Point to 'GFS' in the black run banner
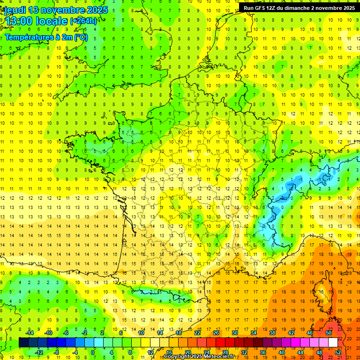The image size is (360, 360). coord(261,8)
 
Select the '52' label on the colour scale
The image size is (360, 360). coord(338,352)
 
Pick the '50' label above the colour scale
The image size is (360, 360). coord(329,333)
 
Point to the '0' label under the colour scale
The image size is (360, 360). coord(93,352)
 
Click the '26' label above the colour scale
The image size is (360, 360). coord(216,333)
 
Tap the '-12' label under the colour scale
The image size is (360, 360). coord(39,352)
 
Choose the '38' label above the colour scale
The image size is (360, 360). coord(272,333)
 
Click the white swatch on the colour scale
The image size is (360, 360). coord(333,343)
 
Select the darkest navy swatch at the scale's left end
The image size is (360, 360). coord(23,343)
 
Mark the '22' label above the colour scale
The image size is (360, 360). coord(197,333)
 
